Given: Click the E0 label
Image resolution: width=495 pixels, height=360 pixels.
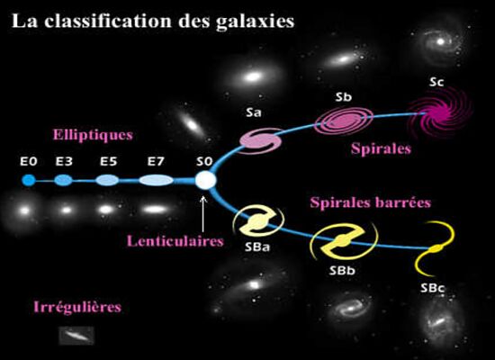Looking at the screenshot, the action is (x=29, y=161).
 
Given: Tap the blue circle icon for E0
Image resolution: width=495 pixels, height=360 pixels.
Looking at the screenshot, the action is (x=29, y=180).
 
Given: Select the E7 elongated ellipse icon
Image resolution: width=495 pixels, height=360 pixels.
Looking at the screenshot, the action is (x=156, y=180).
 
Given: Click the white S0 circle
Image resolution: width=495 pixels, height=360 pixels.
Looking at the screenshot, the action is (x=205, y=180).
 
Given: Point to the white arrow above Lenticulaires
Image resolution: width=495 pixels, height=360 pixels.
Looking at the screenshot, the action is (x=203, y=214).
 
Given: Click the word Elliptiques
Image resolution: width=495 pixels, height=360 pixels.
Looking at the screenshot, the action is (x=93, y=135).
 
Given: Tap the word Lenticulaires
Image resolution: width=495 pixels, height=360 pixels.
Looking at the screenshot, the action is (x=175, y=241).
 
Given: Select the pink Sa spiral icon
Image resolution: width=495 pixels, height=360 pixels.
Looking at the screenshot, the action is (x=260, y=140).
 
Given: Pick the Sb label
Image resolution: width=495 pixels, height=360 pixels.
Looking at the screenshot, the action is (x=343, y=97).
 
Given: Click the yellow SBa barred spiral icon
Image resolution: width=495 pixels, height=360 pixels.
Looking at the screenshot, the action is (x=258, y=221).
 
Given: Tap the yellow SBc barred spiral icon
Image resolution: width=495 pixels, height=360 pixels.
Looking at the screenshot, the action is (x=435, y=248).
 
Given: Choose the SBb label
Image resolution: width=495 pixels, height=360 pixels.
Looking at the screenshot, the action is (x=342, y=271).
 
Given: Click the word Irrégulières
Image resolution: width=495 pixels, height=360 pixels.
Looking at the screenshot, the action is (x=77, y=307).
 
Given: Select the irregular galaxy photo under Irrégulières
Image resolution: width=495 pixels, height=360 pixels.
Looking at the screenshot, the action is (x=76, y=336).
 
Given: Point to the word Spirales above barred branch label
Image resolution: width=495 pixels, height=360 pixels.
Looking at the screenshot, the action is (x=381, y=148).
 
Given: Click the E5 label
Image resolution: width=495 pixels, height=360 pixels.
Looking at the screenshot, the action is (x=108, y=161).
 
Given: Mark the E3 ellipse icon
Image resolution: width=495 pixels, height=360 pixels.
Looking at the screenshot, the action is (x=64, y=180).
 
